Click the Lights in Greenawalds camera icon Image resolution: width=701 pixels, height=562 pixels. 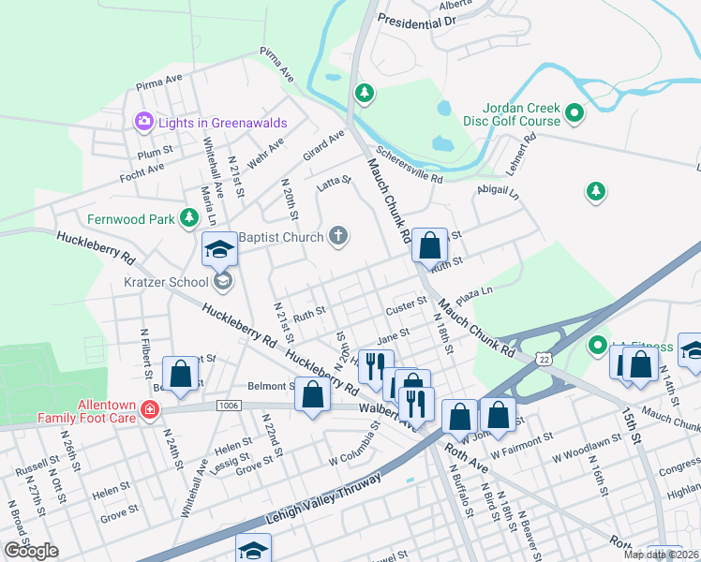click(x=143, y=120)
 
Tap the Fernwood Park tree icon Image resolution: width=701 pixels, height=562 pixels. click(x=190, y=218)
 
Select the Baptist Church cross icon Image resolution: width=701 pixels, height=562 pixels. click(x=338, y=236)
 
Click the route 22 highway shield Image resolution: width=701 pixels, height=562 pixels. click(x=543, y=359)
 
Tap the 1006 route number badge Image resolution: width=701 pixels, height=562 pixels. click(x=227, y=406)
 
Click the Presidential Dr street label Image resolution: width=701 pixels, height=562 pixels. click(x=416, y=19)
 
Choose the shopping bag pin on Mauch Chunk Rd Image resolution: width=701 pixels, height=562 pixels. click(x=429, y=246)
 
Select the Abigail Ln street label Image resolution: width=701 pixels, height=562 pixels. click(x=498, y=191)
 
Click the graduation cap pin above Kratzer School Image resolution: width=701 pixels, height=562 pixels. click(x=220, y=249)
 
